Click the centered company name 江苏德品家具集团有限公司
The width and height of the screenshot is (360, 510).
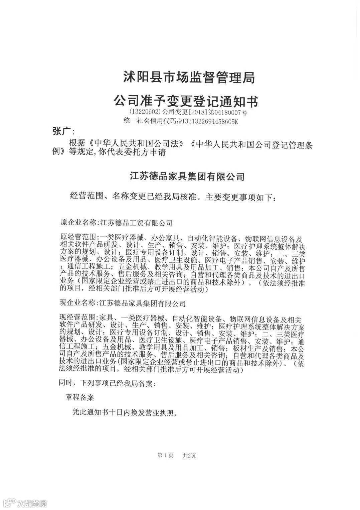tap(187, 176)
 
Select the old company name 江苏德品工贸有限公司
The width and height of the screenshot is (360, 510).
tap(136, 223)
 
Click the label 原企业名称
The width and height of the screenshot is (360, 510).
tap(78, 223)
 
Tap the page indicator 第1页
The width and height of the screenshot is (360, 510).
tap(165, 456)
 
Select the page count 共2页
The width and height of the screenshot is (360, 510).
tap(189, 456)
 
